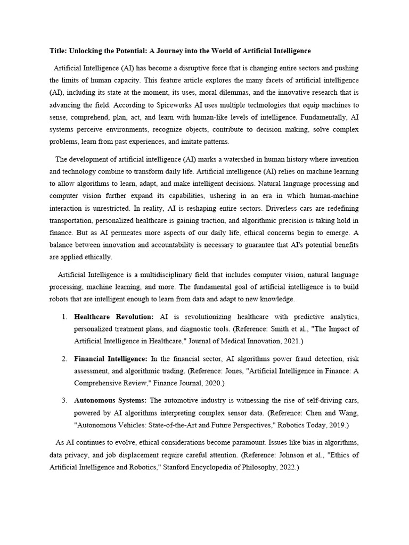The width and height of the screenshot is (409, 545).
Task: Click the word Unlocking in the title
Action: coord(86,51)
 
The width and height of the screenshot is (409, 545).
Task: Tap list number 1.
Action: coord(64,317)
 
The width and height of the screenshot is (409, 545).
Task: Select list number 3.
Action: coord(64,400)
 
